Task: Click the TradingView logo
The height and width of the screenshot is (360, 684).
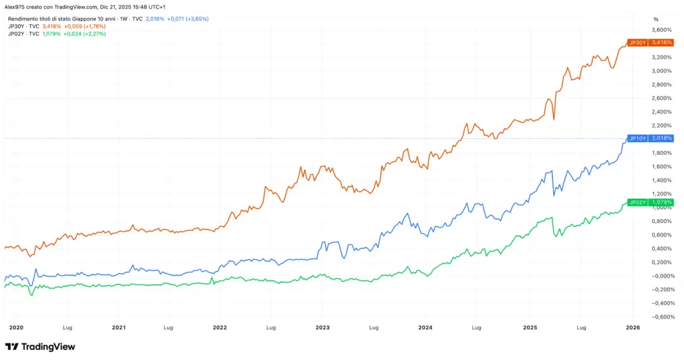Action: pyautogui.click(x=40, y=347)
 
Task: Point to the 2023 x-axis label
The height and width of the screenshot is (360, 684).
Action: pyautogui.click(x=323, y=328)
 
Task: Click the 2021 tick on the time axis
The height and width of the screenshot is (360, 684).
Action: pyautogui.click(x=118, y=328)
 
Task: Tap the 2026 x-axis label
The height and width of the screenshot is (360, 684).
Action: pyautogui.click(x=633, y=328)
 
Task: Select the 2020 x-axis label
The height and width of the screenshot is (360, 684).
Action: pyautogui.click(x=17, y=328)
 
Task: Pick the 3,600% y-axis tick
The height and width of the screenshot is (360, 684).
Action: pyautogui.click(x=661, y=30)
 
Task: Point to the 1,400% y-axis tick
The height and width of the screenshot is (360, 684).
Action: pyautogui.click(x=661, y=180)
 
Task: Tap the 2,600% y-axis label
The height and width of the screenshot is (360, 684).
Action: pyautogui.click(x=661, y=98)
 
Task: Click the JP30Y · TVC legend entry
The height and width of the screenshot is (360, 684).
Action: pyautogui.click(x=24, y=26)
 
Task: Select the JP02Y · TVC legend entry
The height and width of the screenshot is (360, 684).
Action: pyautogui.click(x=24, y=33)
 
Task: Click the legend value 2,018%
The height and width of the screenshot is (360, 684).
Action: pyautogui.click(x=154, y=19)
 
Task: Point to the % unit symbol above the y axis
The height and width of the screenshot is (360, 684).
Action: pyautogui.click(x=656, y=19)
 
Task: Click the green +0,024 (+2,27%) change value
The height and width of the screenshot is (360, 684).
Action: pyautogui.click(x=85, y=33)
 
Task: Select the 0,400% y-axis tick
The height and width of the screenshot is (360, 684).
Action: pyautogui.click(x=661, y=248)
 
